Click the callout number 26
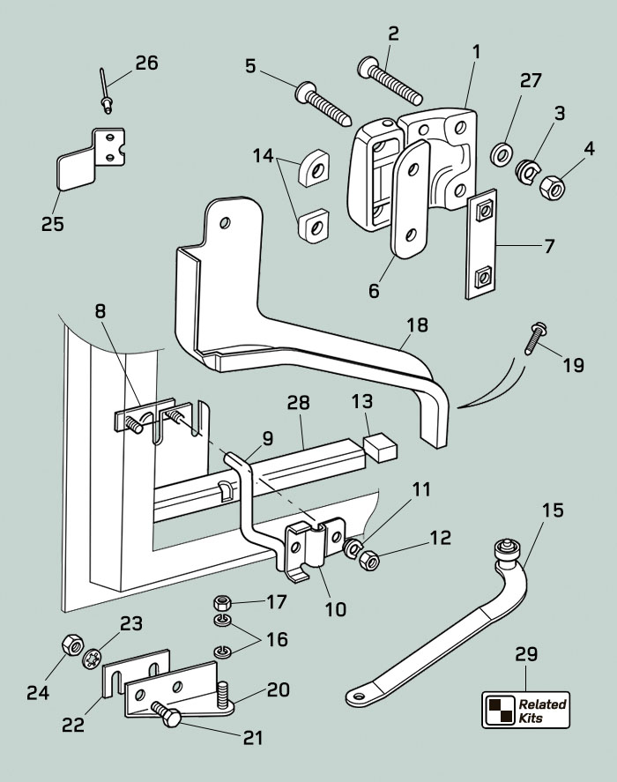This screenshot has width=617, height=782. pos(146,63)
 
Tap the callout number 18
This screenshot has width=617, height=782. pos(417,324)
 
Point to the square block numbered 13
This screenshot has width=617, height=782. pos(381,448)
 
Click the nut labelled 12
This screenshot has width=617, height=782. pos(369,558)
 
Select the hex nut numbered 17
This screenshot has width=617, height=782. pos(223,604)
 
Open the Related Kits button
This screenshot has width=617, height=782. pos(524,709)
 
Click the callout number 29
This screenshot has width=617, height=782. pos(525,655)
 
